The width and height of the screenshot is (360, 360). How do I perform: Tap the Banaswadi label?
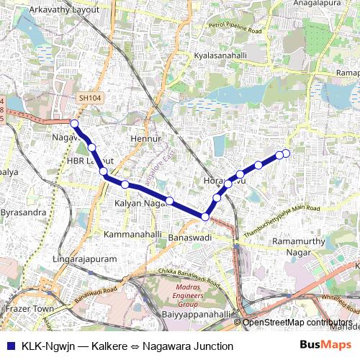pos(192,237)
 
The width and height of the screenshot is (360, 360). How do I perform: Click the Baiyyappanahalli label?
pos(196,315)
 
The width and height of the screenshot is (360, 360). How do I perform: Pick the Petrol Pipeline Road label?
pos(234,30)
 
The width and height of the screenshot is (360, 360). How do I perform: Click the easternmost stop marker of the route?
pos(286,153)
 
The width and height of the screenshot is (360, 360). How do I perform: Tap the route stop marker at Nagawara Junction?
pos(74,124)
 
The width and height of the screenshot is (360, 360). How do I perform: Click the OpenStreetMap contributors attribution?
pos(298,323)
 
